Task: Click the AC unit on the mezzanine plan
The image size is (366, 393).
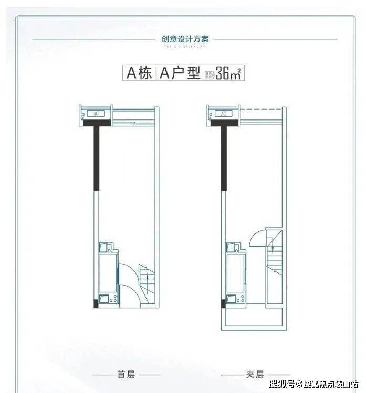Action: (223, 113)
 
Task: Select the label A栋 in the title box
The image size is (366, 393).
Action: (138, 73)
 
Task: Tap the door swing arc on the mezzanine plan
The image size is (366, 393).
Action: (258, 238)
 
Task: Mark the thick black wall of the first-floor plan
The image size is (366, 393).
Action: (96, 157)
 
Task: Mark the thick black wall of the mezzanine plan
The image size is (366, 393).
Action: (224, 157)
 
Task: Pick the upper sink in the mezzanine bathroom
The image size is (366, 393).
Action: (231, 246)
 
